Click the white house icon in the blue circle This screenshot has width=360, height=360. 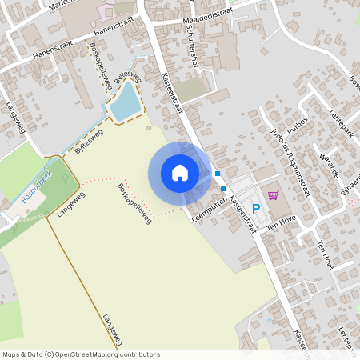[179, 171]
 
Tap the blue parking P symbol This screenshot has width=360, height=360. [256, 210]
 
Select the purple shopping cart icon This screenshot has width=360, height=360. [273, 195]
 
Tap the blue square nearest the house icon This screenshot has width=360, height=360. [217, 173]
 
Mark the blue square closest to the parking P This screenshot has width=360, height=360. [224, 189]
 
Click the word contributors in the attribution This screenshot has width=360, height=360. [138, 354]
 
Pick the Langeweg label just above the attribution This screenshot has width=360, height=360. [111, 329]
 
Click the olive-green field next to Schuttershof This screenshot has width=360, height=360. [190, 89]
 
